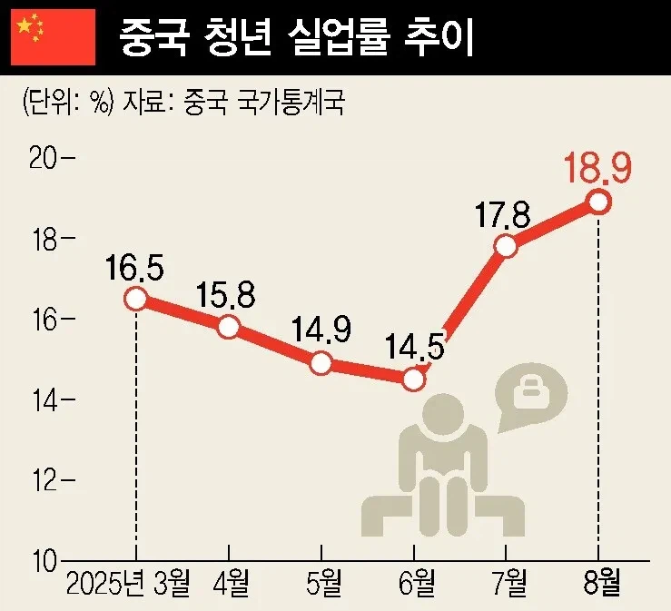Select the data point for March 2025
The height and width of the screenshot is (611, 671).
click(136, 299)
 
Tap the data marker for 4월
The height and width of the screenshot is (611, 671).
click(229, 327)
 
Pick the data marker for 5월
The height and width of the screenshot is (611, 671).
click(321, 363)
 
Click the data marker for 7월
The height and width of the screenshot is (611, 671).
click(506, 246)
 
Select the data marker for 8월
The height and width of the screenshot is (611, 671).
click(598, 202)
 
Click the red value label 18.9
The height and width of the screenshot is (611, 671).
click(597, 169)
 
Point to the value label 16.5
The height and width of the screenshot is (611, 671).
click(135, 268)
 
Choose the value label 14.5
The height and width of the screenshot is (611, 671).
click(413, 349)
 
